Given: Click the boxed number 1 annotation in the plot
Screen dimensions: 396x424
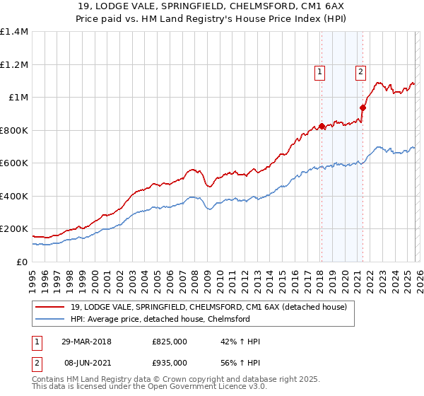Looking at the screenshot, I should pyautogui.click(x=321, y=71).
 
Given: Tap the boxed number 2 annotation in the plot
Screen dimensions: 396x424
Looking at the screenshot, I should pyautogui.click(x=360, y=71).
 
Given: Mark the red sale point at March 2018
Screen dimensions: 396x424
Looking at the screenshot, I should pyautogui.click(x=322, y=127).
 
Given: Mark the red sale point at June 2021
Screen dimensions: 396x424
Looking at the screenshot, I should pyautogui.click(x=362, y=108).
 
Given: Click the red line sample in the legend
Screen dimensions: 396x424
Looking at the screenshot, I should pyautogui.click(x=50, y=308).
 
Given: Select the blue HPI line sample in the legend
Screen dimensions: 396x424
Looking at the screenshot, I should pyautogui.click(x=50, y=319).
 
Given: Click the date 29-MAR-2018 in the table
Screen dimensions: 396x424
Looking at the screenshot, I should pyautogui.click(x=87, y=342).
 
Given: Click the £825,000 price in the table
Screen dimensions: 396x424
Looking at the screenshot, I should pyautogui.click(x=170, y=342).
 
